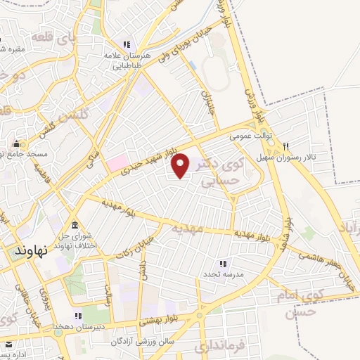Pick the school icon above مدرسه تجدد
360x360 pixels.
223,263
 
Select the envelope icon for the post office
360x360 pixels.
8,346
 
